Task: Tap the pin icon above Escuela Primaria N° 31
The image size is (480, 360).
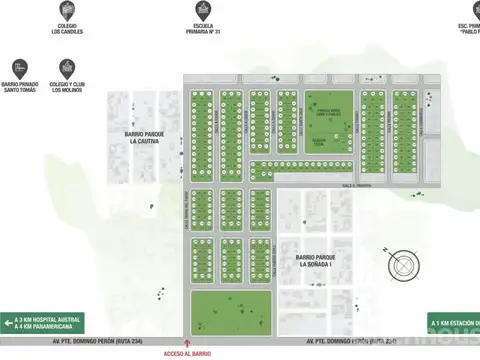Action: tap(203, 9)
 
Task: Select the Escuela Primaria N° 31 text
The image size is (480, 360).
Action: tap(203, 30)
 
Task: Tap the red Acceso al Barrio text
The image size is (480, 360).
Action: tap(182, 354)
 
